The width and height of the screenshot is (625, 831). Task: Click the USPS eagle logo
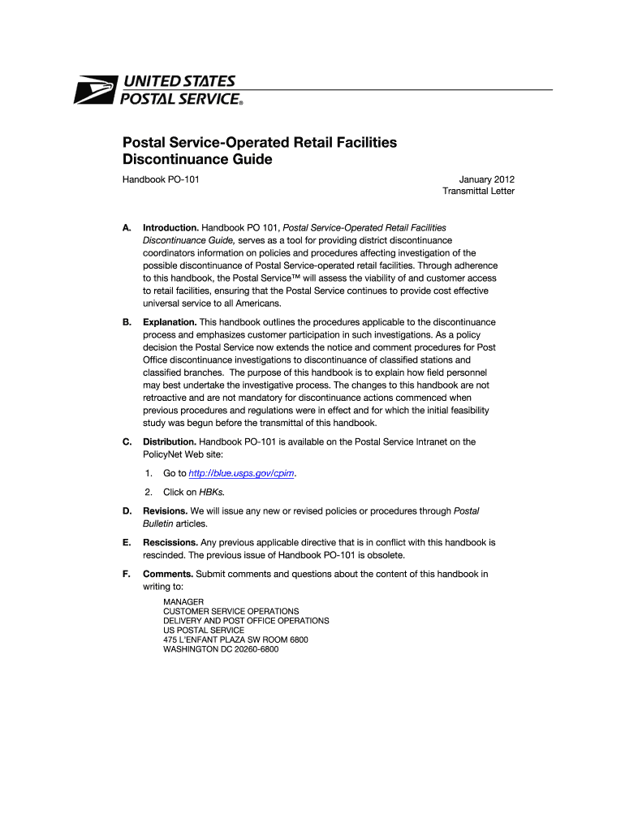click(x=97, y=89)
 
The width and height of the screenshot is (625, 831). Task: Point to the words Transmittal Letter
click(x=478, y=192)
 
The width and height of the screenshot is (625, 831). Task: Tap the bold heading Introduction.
click(x=170, y=228)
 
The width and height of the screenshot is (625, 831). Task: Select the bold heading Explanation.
click(x=170, y=322)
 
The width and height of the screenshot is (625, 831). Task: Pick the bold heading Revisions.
click(x=166, y=510)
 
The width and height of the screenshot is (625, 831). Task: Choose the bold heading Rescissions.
click(x=170, y=541)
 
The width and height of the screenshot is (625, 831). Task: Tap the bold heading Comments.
click(x=168, y=574)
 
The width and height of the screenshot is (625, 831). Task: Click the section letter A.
click(x=126, y=228)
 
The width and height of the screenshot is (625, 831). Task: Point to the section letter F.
click(x=126, y=574)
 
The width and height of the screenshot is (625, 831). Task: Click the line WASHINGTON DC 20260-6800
click(x=221, y=649)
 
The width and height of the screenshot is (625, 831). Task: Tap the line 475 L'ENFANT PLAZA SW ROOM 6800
click(x=235, y=639)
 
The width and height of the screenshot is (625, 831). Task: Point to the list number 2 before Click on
click(x=149, y=492)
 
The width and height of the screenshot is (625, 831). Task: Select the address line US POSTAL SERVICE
click(x=203, y=630)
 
